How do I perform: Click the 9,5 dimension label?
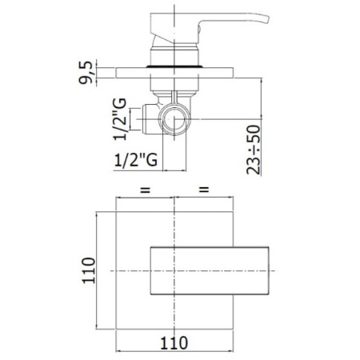click(86, 73)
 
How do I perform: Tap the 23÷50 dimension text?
click(254, 150)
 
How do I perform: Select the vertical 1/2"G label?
click(120, 119)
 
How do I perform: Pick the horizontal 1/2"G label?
click(136, 160)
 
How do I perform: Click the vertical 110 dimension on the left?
click(89, 270)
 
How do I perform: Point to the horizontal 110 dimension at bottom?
click(174, 342)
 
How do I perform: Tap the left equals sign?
click(146, 190)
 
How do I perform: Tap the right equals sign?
click(204, 190)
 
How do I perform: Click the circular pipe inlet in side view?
click(174, 119)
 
